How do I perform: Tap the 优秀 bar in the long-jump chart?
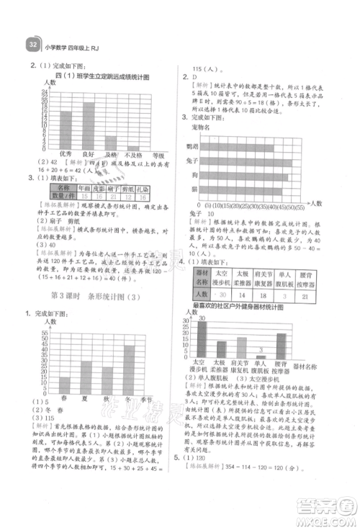click(66, 130)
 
